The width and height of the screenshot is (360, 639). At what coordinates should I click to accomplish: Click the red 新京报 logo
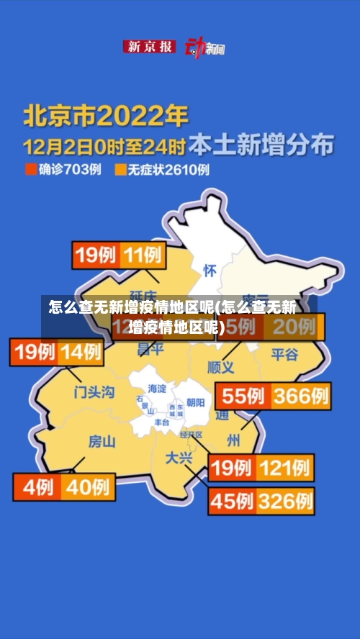(150, 47)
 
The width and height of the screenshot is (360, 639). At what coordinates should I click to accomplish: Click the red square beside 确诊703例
(30, 170)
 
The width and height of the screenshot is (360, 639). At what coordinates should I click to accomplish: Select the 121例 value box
(285, 468)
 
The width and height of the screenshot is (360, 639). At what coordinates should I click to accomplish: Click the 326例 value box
(285, 499)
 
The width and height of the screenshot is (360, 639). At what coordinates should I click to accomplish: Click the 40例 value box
(87, 486)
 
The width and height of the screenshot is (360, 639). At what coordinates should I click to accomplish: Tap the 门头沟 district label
(94, 392)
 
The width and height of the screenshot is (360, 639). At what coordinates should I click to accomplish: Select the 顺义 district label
(221, 367)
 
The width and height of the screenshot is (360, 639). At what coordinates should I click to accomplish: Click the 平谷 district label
(284, 354)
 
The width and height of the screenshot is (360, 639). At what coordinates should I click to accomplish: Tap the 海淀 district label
(157, 389)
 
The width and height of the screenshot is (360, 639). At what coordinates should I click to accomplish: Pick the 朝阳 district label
(195, 402)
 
